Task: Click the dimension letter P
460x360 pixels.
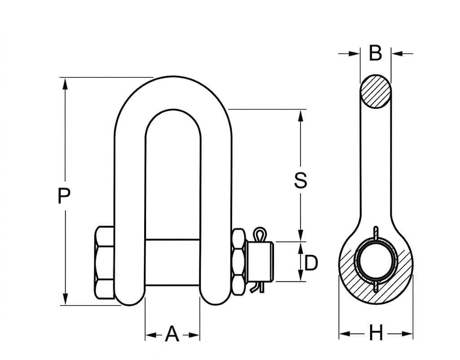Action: click(x=64, y=196)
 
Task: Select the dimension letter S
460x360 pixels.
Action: click(x=301, y=180)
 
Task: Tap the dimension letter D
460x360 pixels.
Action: click(x=311, y=263)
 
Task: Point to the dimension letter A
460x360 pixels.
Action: click(x=172, y=334)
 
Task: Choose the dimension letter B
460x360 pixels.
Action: click(x=376, y=53)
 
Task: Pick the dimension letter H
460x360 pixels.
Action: click(x=376, y=334)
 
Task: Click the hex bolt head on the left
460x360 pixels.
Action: click(x=104, y=263)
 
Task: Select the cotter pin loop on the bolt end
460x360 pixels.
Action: click(x=259, y=235)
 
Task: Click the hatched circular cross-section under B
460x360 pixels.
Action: click(x=375, y=92)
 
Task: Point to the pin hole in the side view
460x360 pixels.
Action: click(x=376, y=263)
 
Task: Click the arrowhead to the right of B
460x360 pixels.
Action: click(x=397, y=54)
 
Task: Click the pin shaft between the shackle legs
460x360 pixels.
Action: click(x=172, y=262)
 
